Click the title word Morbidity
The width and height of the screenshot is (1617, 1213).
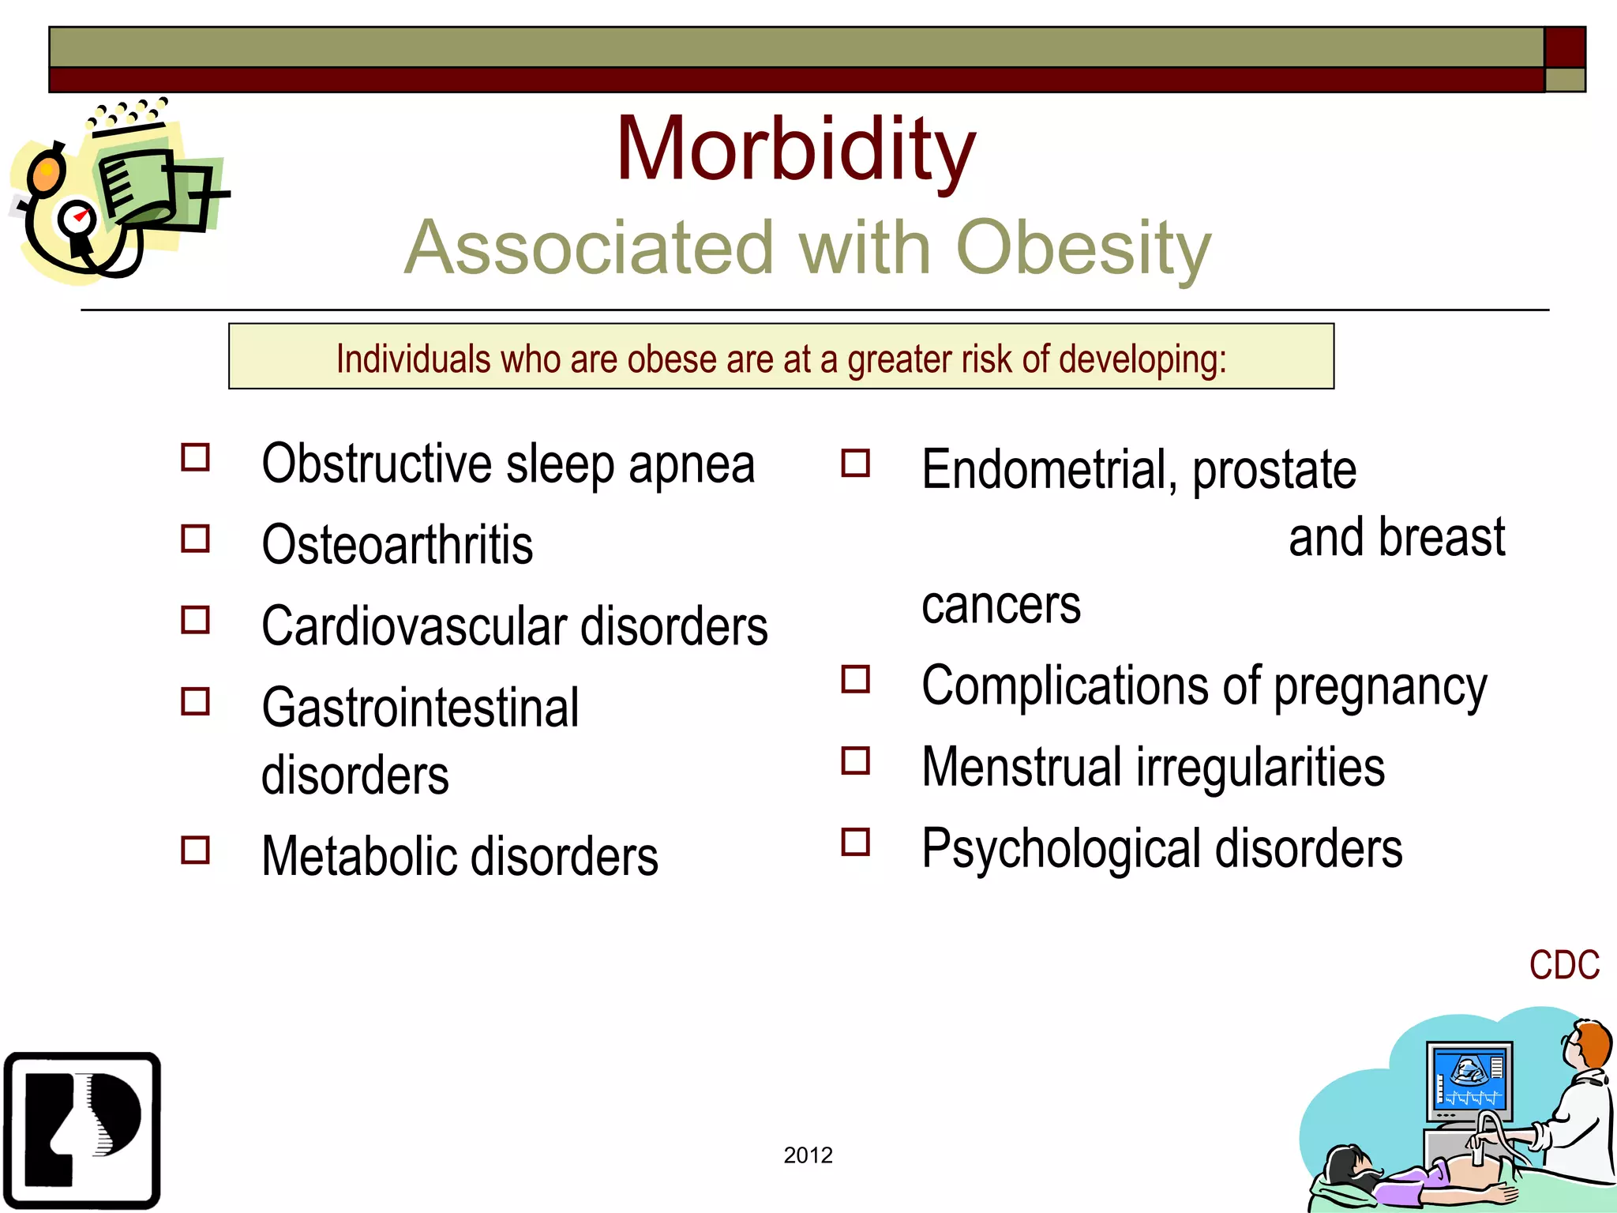(x=795, y=150)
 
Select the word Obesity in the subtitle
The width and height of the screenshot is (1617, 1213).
(x=1083, y=248)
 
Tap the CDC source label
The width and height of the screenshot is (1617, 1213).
(x=1563, y=965)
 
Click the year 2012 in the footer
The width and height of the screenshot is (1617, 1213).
(x=808, y=1155)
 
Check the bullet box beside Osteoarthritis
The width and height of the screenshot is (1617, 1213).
(x=195, y=539)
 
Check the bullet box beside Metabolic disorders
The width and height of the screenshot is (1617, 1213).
(x=195, y=851)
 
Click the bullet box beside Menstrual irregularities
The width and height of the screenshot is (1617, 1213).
(x=855, y=761)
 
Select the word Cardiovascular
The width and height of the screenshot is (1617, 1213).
(x=414, y=627)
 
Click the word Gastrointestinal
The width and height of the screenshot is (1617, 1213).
(x=420, y=708)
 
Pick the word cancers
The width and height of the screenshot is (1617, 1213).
(x=1000, y=606)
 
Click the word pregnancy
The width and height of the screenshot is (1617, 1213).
(x=1380, y=687)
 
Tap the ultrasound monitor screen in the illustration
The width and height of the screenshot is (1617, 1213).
(x=1469, y=1079)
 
